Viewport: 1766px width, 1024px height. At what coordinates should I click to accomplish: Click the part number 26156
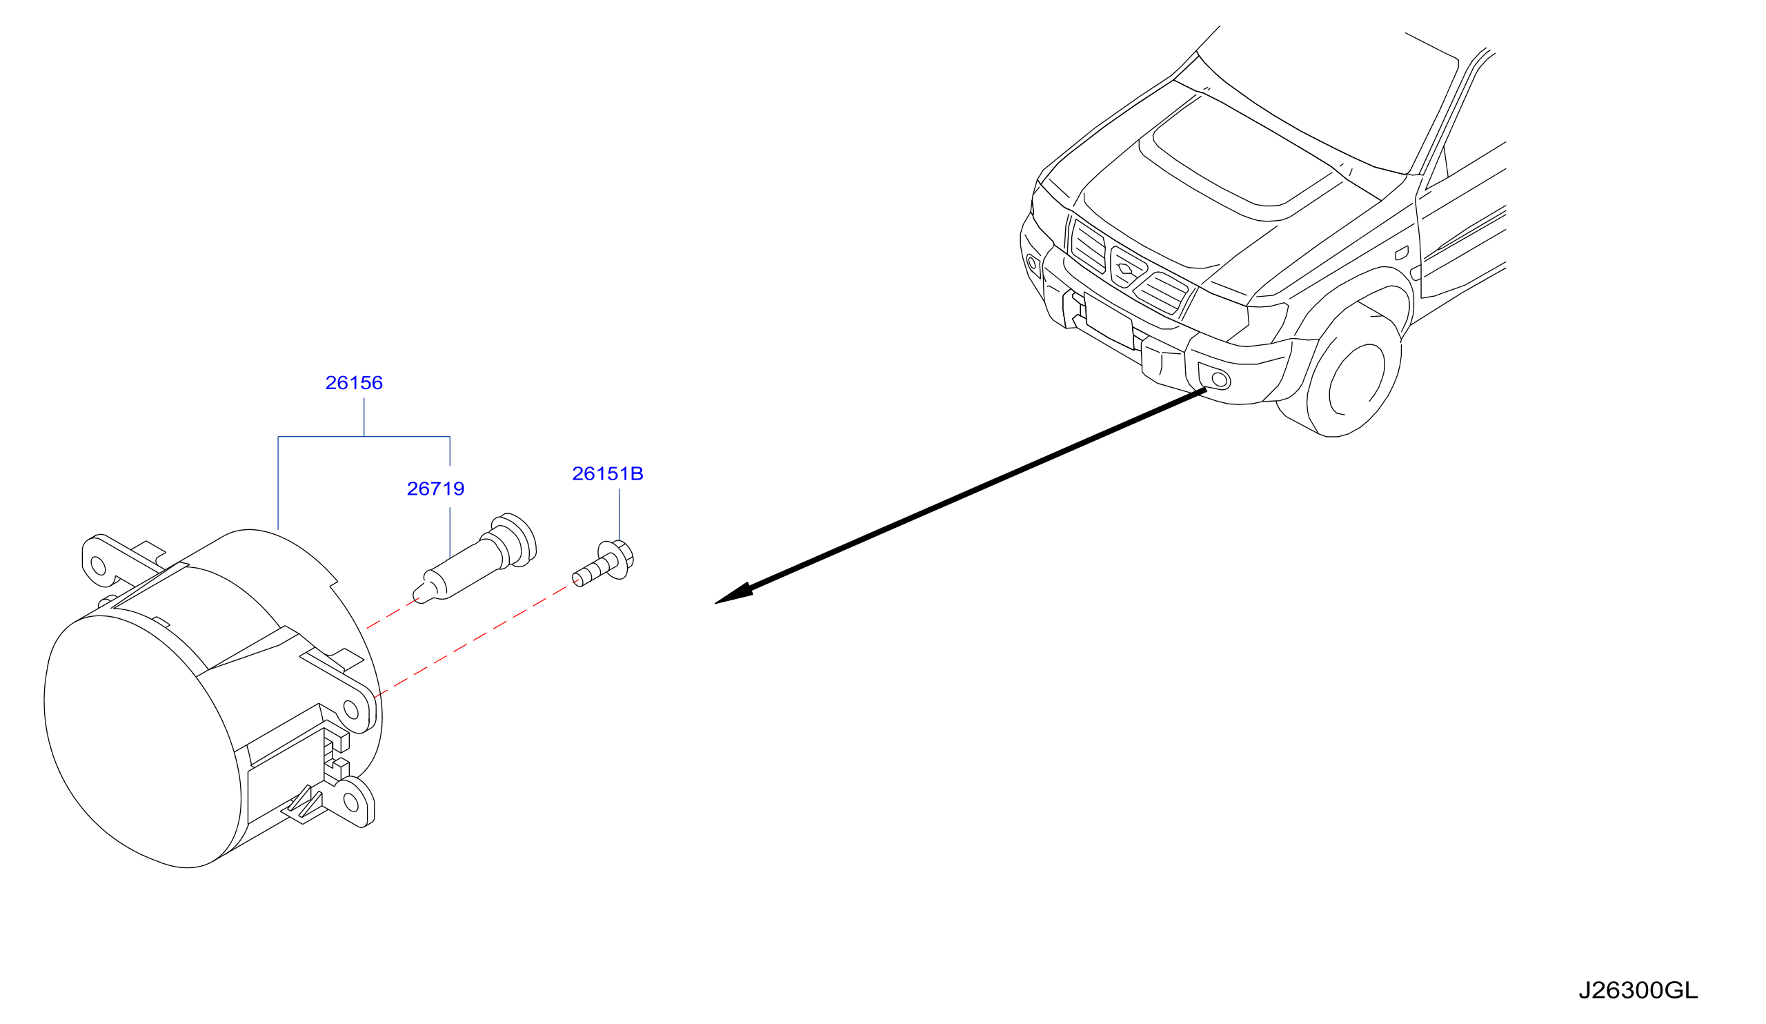point(354,383)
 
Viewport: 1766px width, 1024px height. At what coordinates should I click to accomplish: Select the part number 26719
point(435,489)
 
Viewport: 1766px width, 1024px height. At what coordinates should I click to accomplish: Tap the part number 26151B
point(608,474)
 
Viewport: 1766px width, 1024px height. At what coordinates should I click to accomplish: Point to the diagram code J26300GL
point(1638,990)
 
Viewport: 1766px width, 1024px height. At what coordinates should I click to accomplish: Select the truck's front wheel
point(1354,375)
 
